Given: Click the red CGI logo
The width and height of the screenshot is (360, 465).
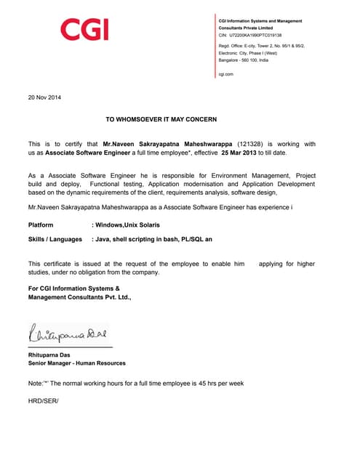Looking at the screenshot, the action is (84, 30).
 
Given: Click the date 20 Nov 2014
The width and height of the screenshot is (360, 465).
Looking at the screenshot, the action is (44, 97).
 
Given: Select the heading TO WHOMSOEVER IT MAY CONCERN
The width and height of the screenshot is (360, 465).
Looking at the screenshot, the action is (161, 118).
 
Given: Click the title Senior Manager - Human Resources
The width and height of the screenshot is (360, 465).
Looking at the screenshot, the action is (76, 363).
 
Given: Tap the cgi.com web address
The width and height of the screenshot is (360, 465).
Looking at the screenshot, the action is (225, 74).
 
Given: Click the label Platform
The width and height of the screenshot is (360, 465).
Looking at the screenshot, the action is (41, 225).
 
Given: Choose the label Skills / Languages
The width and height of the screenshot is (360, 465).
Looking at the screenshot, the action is (55, 239).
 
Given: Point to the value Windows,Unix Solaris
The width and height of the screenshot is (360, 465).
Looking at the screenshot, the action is (128, 225).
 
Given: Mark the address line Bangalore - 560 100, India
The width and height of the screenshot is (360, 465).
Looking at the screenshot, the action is (243, 60).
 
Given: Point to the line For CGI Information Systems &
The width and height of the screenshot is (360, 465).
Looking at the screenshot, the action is (73, 288).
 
